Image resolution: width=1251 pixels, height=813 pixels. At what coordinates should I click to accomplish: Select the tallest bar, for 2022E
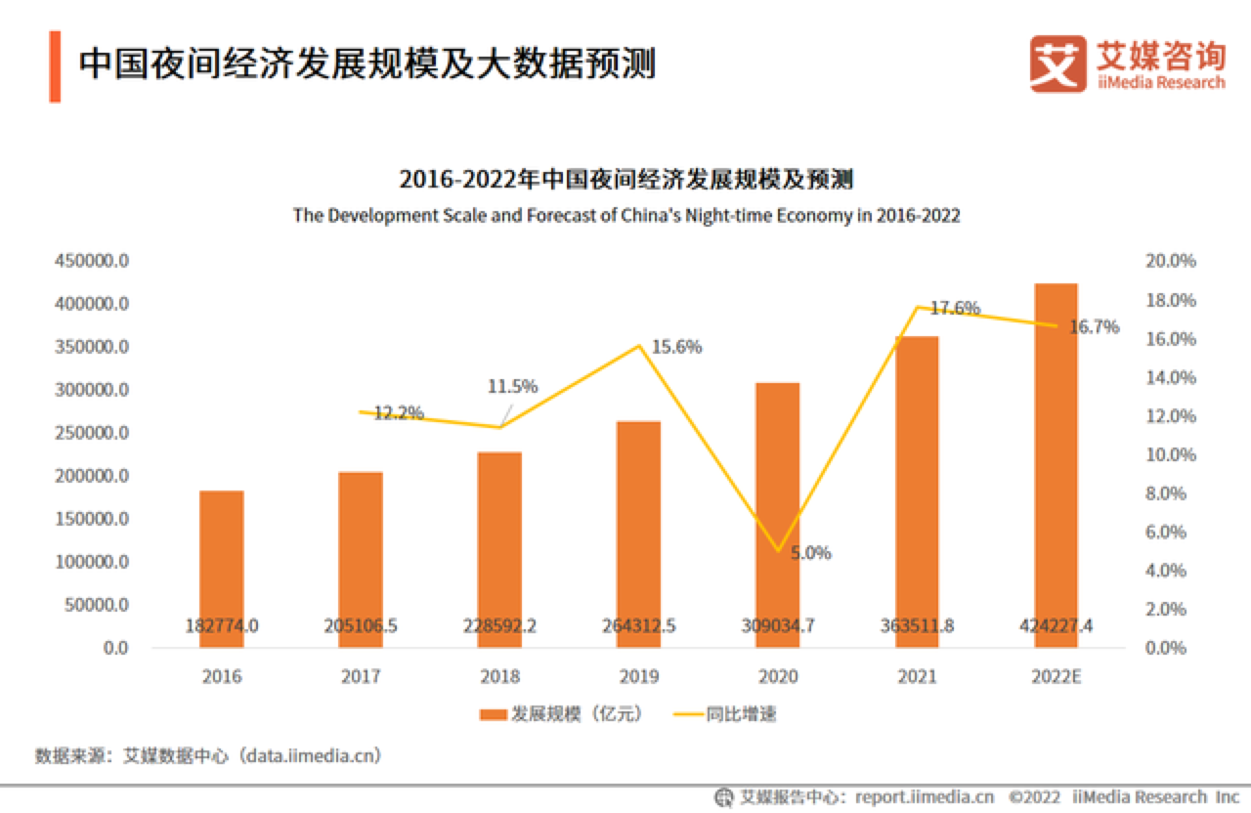pyautogui.click(x=1057, y=459)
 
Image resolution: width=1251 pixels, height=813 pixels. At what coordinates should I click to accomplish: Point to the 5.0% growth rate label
pyautogui.click(x=810, y=553)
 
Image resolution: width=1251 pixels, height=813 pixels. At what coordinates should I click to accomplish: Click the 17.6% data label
pyautogui.click(x=954, y=309)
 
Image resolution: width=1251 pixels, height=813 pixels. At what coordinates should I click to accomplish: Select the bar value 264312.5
pyautogui.click(x=638, y=626)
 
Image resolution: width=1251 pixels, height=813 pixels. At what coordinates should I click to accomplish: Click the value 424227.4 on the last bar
pyautogui.click(x=1057, y=626)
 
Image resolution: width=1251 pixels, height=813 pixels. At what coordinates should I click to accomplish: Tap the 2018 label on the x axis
pyautogui.click(x=499, y=676)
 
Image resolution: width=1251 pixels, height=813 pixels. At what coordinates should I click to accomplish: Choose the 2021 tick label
pyautogui.click(x=917, y=676)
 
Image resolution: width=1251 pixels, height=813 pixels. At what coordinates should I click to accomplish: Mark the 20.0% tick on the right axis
pyautogui.click(x=1169, y=262)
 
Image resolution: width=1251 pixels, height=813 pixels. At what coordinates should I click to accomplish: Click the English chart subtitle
pyautogui.click(x=625, y=216)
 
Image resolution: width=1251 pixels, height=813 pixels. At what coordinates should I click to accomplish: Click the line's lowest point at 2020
pyautogui.click(x=778, y=551)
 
